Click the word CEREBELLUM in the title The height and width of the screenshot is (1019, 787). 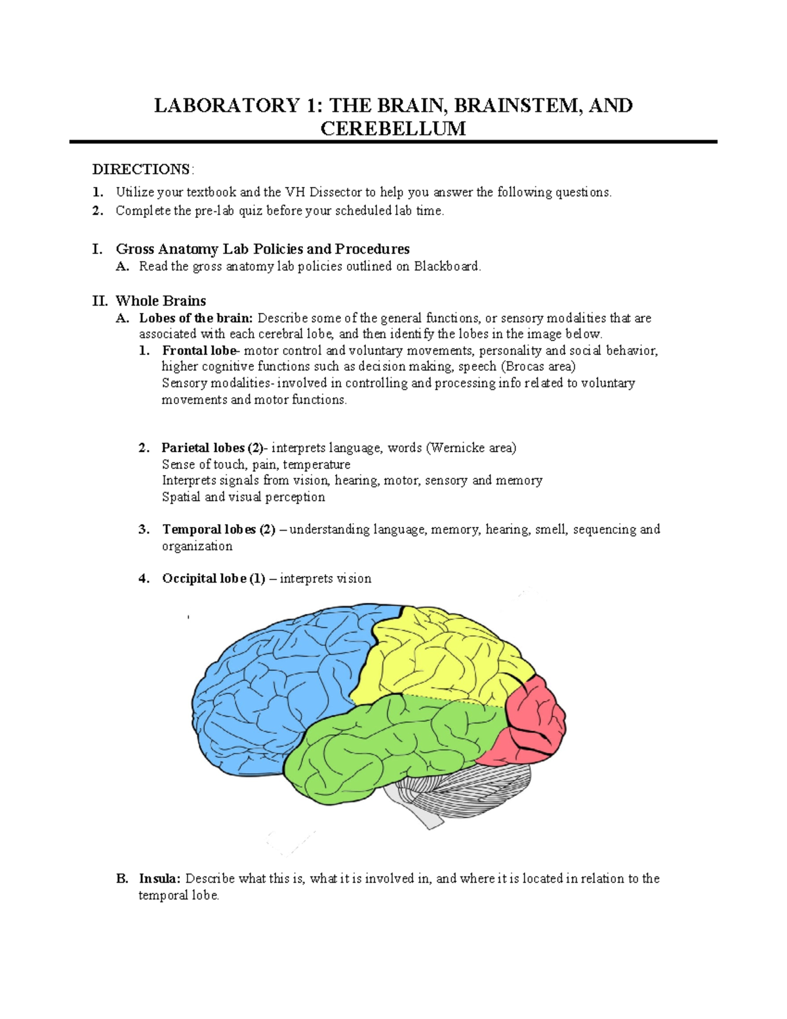click(393, 128)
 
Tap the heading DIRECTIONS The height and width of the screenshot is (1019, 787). click(142, 169)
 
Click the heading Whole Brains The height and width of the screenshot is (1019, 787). click(161, 301)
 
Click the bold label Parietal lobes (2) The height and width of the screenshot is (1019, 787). click(212, 448)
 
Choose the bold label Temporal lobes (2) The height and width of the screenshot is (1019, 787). click(218, 530)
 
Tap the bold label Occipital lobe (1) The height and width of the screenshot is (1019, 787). click(214, 579)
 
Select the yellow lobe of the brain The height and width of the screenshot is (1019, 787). click(439, 656)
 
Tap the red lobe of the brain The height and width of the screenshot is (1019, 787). click(531, 722)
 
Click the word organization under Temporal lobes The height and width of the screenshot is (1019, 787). click(197, 546)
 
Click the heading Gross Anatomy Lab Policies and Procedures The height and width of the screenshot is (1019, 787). click(262, 249)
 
